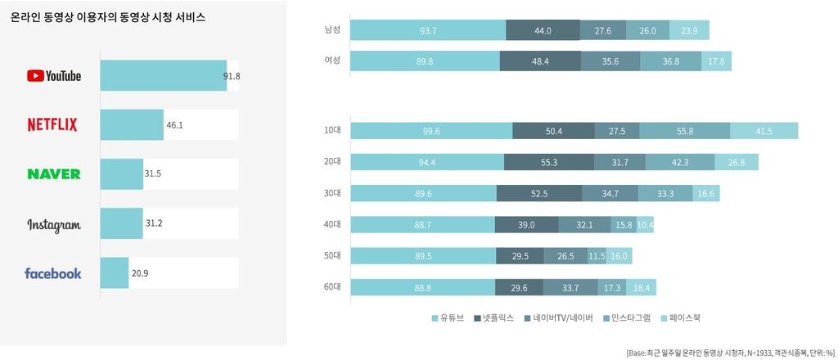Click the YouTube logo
point(54,76)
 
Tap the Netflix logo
point(52,124)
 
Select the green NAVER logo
point(54,173)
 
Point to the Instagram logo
point(54,225)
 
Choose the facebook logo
point(53,273)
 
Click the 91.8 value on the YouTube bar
point(232,76)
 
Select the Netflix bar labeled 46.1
point(132,124)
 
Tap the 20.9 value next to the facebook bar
point(139,273)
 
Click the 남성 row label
point(332,30)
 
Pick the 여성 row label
point(332,61)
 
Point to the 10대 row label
point(332,131)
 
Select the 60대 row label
point(332,286)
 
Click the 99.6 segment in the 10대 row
point(430,131)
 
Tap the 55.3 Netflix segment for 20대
point(549,162)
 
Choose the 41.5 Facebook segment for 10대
point(764,131)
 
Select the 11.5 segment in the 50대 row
point(597,255)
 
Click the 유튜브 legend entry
point(447,317)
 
